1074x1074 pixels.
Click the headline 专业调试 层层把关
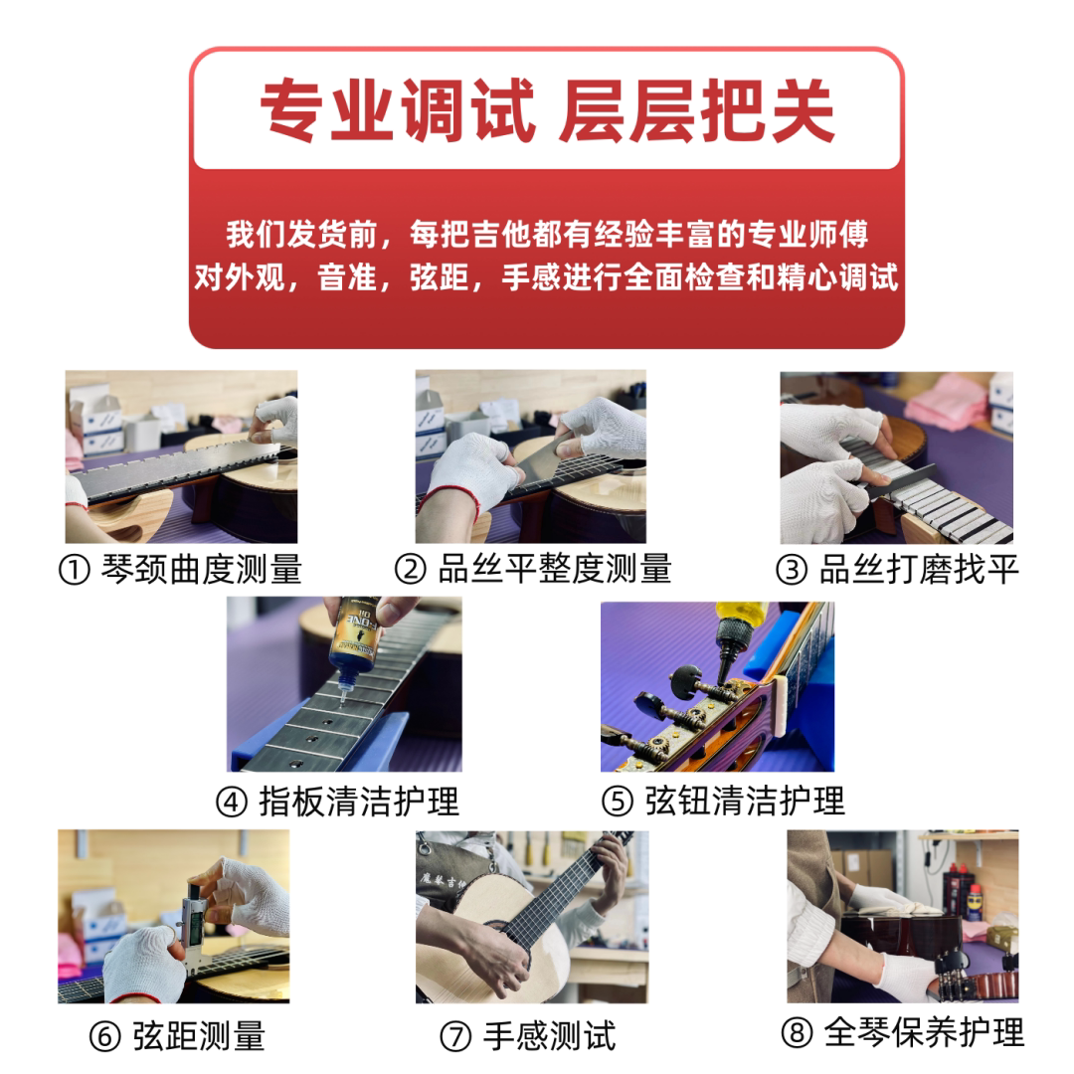pos(547,110)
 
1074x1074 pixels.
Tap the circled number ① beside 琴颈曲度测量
pos(75,570)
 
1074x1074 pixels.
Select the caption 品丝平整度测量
pos(555,569)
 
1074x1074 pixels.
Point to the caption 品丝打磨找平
pos(919,569)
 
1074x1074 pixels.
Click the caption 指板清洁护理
pos(359,802)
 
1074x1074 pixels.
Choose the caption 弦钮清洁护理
pos(745,802)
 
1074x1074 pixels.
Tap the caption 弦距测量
pos(199,1035)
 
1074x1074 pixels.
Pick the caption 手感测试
pos(549,1035)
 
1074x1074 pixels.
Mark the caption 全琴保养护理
pos(924,1032)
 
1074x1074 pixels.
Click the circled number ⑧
pos(797,1033)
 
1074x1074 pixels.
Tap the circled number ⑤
pos(618,803)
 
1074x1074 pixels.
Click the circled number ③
pos(792,570)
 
